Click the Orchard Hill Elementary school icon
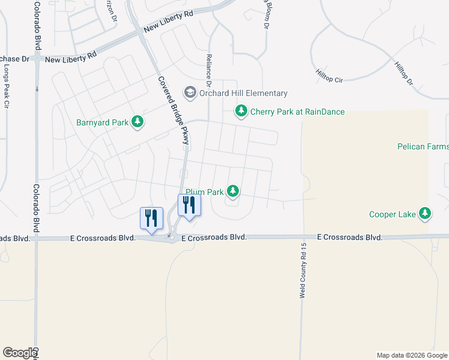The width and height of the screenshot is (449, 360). coord(190,92)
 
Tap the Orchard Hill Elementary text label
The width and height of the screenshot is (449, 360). coord(244,93)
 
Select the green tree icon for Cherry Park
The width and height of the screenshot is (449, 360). coord(241,111)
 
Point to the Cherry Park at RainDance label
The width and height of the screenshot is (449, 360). coord(298,112)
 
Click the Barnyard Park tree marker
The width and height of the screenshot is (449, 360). coord(138,122)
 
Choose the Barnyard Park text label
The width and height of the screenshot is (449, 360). coord(103,122)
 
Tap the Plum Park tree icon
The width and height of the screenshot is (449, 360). coord(233,192)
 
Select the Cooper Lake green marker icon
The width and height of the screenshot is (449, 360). coord(425,214)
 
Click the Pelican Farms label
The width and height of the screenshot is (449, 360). coord(423,146)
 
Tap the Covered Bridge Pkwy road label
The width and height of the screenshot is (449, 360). coord(173,111)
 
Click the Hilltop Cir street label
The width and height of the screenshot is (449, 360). coord(328,76)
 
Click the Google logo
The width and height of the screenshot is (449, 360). coord(19,353)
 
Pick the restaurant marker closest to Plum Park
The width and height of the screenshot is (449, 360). coord(189,205)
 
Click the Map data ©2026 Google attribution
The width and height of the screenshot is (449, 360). coord(412,355)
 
